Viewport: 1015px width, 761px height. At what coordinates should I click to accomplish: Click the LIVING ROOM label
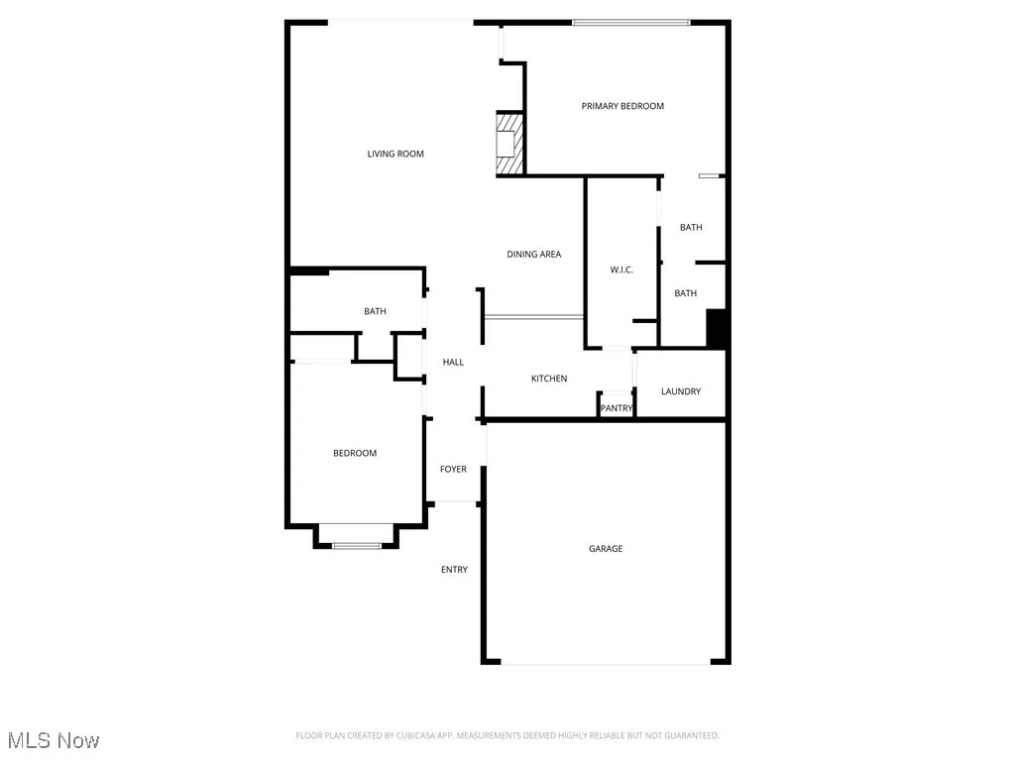395,154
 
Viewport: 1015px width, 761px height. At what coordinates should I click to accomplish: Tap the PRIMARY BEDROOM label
622,106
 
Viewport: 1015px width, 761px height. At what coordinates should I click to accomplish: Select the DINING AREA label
534,255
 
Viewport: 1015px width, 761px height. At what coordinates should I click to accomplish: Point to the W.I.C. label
621,271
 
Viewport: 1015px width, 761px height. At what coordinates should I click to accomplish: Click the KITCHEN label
549,379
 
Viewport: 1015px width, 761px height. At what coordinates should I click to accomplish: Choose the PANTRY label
617,408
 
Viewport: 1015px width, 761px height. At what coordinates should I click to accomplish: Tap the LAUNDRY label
681,391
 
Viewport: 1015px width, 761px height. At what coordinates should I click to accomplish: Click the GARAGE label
606,549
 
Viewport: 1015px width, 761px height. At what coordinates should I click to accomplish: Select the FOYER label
453,470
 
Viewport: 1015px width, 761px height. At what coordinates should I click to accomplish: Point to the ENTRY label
454,570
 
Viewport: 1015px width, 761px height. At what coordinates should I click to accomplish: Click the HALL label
453,363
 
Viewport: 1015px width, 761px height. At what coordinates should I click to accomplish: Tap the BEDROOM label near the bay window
355,454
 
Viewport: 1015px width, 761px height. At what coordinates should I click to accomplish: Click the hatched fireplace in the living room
508,145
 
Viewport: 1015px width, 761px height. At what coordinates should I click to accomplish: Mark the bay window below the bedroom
357,544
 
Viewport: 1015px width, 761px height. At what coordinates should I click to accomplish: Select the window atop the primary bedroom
631,22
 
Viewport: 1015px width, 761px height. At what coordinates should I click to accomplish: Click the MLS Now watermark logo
54,740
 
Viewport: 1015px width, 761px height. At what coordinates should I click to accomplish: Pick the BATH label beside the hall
375,312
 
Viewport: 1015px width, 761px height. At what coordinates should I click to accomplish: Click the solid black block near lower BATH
717,329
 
